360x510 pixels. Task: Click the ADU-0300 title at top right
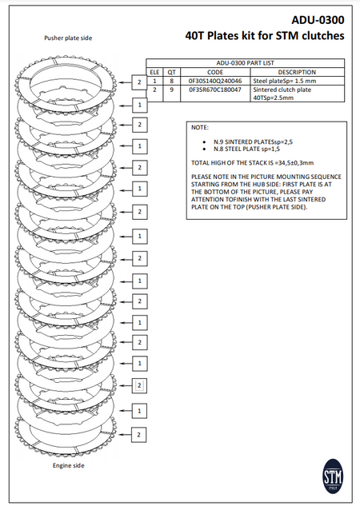coord(318,20)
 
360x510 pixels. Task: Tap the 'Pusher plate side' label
coord(68,38)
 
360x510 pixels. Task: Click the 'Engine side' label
coord(68,465)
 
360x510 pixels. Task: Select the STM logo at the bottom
coord(333,476)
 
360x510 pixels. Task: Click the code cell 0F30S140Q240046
coord(215,81)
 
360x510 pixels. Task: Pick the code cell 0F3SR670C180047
coord(215,90)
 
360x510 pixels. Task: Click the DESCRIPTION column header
coord(297,72)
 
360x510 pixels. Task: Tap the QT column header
coord(171,72)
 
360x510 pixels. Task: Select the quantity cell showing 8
coord(171,81)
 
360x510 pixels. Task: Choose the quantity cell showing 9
coord(171,90)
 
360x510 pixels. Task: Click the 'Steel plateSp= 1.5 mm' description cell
coord(285,81)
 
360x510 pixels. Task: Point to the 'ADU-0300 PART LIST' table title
coord(245,63)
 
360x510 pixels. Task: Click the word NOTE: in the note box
coord(200,128)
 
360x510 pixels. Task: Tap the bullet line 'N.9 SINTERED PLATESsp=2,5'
coord(253,141)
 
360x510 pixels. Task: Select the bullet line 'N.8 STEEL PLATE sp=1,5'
coord(246,149)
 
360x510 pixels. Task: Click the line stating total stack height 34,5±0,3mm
coord(252,162)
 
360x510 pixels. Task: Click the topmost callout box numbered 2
coord(139,82)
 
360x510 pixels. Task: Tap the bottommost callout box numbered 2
coord(138,435)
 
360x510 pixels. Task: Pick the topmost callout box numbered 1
coord(140,105)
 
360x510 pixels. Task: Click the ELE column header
coord(154,72)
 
